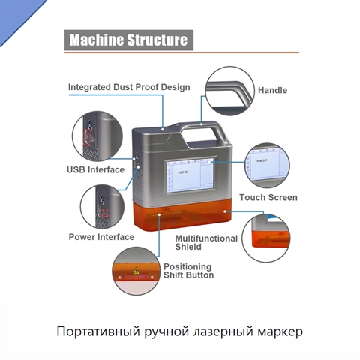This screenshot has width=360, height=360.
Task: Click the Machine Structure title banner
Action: pos(129,40)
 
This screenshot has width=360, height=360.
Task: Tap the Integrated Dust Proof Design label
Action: pos(129,87)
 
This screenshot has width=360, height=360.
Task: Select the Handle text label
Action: pos(272,90)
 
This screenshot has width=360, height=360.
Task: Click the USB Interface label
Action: pos(95,169)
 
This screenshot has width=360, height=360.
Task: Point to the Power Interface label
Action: pos(101,237)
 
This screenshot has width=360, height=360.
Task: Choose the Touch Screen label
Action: pos(268,197)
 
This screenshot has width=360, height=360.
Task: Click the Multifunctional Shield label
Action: pos(206,242)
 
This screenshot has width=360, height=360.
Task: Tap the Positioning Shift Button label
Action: pos(189,271)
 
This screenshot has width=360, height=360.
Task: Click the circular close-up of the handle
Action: pos(230,91)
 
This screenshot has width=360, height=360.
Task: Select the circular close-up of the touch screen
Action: pos(267,166)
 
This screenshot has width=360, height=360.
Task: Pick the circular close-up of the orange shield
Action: pos(266,238)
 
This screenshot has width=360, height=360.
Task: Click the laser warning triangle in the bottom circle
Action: pos(136,271)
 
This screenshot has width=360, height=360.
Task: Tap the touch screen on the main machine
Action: pos(190,175)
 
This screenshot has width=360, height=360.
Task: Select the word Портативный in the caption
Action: pos(98,331)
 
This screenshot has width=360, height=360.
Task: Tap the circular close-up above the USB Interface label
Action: pos(97,136)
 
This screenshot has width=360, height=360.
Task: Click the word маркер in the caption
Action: pos(280,332)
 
